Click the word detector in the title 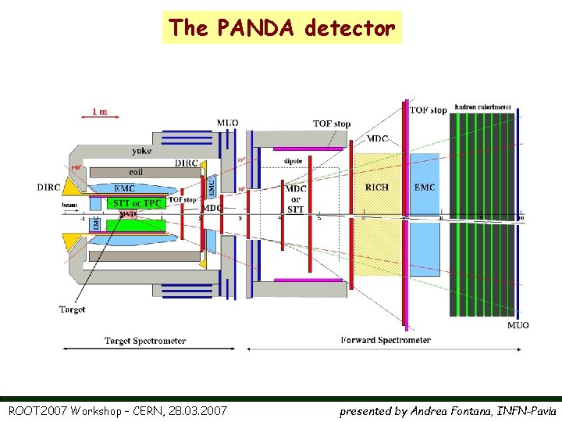click(x=350, y=28)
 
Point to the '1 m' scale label click(x=100, y=111)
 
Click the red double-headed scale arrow click(x=100, y=119)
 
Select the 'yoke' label click(x=142, y=151)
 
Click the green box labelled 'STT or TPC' click(x=137, y=204)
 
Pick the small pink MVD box click(x=127, y=213)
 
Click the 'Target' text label click(x=73, y=309)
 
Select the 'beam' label click(x=69, y=205)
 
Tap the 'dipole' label click(x=293, y=162)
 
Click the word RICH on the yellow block click(x=376, y=187)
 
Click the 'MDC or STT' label click(x=295, y=198)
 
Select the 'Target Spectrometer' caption click(x=145, y=341)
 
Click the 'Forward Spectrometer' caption click(x=386, y=340)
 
